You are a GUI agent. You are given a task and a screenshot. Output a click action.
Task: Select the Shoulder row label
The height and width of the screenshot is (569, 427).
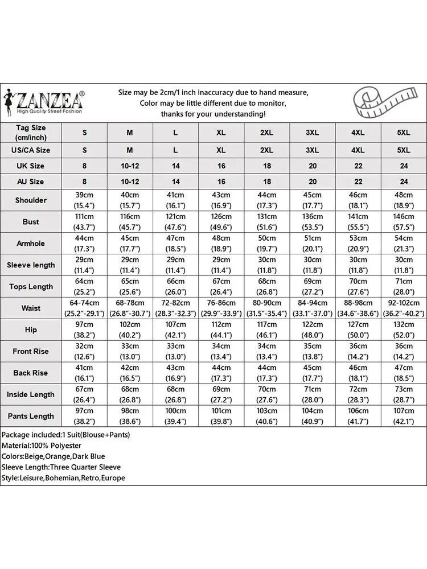pyautogui.click(x=31, y=200)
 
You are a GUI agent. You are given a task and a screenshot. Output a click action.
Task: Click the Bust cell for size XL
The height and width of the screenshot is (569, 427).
pyautogui.click(x=221, y=222)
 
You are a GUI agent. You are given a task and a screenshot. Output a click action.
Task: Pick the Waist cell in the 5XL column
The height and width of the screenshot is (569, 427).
pyautogui.click(x=404, y=308)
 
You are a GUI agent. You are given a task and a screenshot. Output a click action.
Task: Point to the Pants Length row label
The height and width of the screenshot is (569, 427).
pyautogui.click(x=31, y=416)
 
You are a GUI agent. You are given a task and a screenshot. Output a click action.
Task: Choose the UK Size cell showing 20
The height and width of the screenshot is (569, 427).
pyautogui.click(x=313, y=166)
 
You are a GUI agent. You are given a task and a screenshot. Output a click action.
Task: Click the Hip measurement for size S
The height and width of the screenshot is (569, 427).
pyautogui.click(x=85, y=330)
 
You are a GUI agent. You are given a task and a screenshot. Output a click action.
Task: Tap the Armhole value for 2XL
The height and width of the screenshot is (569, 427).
pyautogui.click(x=267, y=244)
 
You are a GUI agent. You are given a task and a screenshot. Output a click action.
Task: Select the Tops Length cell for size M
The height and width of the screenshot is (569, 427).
pyautogui.click(x=130, y=287)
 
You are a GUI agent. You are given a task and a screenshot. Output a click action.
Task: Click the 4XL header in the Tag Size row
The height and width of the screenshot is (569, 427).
pyautogui.click(x=358, y=133)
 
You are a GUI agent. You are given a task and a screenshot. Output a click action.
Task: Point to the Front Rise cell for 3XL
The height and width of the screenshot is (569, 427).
pyautogui.click(x=313, y=352)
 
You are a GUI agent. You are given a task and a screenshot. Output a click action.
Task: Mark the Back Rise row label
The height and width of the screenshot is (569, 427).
pyautogui.click(x=31, y=373)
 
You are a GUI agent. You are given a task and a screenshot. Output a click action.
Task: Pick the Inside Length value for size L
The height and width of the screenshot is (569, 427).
pyautogui.click(x=175, y=394)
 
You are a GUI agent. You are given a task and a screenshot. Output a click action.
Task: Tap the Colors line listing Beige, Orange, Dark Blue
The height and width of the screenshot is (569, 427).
pyautogui.click(x=54, y=456)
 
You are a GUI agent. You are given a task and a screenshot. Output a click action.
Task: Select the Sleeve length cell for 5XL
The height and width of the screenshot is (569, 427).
pyautogui.click(x=404, y=265)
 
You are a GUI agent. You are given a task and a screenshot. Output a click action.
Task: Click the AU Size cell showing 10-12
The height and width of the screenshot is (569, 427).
pyautogui.click(x=130, y=182)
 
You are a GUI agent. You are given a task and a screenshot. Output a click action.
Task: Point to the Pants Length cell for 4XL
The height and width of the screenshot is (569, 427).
pyautogui.click(x=358, y=416)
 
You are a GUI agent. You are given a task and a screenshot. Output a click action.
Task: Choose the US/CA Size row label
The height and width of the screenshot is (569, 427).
pyautogui.click(x=31, y=151)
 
